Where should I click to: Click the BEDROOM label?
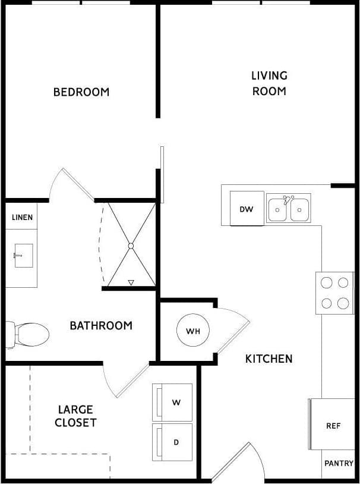pyautogui.click(x=81, y=92)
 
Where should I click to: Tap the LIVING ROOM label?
pyautogui.click(x=269, y=83)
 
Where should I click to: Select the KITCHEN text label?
pyautogui.click(x=269, y=359)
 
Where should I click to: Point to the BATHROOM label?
pyautogui.click(x=101, y=325)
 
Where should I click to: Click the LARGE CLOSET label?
pyautogui.click(x=75, y=416)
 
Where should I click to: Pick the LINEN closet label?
pyautogui.click(x=22, y=218)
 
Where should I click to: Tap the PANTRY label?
pyautogui.click(x=339, y=463)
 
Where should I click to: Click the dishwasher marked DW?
pyautogui.click(x=247, y=209)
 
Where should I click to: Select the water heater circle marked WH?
pyautogui.click(x=193, y=331)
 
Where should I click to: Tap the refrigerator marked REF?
pyautogui.click(x=333, y=426)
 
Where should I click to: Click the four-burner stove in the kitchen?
pyautogui.click(x=335, y=293)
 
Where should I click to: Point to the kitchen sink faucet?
pyautogui.click(x=288, y=200)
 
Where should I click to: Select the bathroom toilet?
pyautogui.click(x=27, y=334)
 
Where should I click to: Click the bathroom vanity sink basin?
pyautogui.click(x=23, y=255)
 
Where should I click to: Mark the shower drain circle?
pyautogui.click(x=131, y=245)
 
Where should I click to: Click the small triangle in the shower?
pyautogui.click(x=131, y=282)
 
